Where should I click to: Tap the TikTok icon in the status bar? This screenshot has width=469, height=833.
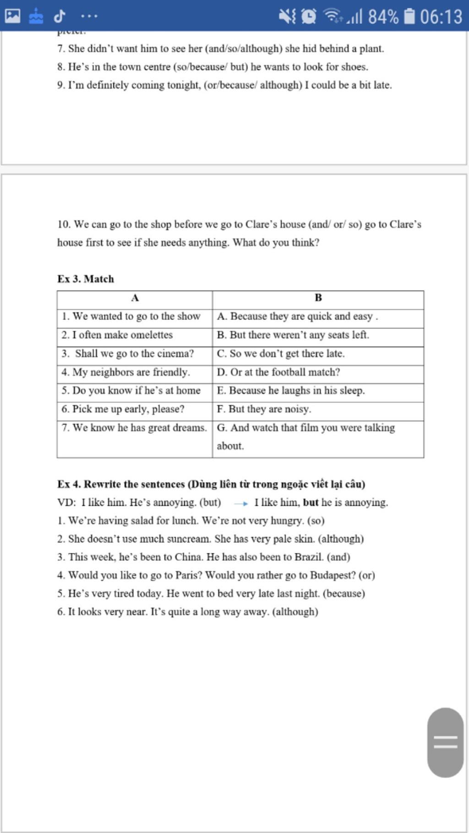coord(59,16)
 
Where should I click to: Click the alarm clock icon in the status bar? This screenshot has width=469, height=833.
coord(309,16)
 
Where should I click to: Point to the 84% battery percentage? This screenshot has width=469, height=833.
coord(383,17)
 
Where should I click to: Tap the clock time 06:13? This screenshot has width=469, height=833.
coord(441,17)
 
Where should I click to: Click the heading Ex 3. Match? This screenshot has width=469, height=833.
coord(86,279)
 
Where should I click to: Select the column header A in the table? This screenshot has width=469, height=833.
coord(135,298)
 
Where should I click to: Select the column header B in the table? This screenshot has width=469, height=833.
coord(318,298)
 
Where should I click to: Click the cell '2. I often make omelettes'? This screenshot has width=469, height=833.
coord(117,335)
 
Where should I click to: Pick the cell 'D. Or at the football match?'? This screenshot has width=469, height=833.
coord(278,372)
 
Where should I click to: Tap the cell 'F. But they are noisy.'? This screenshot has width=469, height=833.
coord(264,409)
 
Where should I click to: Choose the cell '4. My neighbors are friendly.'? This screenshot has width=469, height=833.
coord(125,372)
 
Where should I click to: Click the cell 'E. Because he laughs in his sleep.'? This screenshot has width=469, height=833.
coord(291,390)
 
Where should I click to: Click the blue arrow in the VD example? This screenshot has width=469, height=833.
coord(241,503)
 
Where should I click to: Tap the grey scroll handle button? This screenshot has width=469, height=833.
coord(445,742)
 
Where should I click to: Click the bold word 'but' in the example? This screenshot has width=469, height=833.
coord(311,503)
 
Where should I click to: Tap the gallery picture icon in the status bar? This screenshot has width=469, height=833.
coord(12,16)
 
